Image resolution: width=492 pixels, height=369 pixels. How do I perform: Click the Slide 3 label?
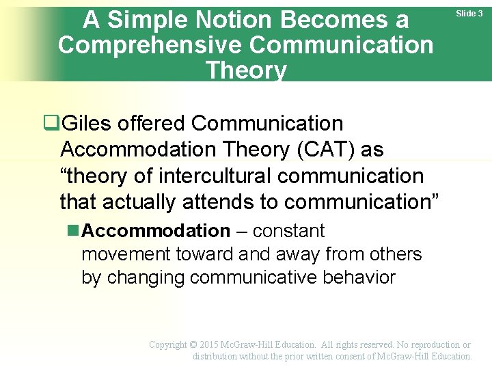pos(470,14)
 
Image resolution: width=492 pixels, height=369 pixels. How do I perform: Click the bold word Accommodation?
pos(156,231)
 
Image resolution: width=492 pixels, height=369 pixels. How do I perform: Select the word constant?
pos(290,231)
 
